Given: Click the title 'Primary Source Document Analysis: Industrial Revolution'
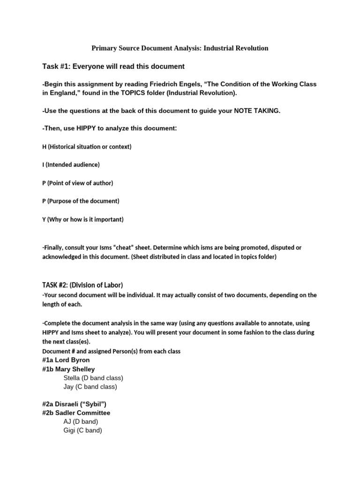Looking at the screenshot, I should click(180, 48).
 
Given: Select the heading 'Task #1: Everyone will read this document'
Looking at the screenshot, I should click(113, 67).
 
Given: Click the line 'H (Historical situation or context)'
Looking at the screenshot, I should click(87, 147).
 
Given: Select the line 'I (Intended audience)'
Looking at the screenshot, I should click(71, 165).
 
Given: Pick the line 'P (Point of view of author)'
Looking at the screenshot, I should click(77, 183).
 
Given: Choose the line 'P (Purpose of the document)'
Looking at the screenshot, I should click(81, 201).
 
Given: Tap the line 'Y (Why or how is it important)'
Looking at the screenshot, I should click(83, 219).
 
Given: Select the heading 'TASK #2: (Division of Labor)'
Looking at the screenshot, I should click(82, 285).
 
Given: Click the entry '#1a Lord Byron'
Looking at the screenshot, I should click(66, 360).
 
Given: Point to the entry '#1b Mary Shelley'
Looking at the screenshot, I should click(68, 369).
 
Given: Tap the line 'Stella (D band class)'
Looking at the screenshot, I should click(93, 378).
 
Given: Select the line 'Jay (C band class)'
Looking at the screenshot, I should click(90, 387).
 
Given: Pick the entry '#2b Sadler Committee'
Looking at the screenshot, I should click(76, 413).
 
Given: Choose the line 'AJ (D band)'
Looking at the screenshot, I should click(81, 421).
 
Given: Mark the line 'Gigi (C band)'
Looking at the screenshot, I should click(82, 430).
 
